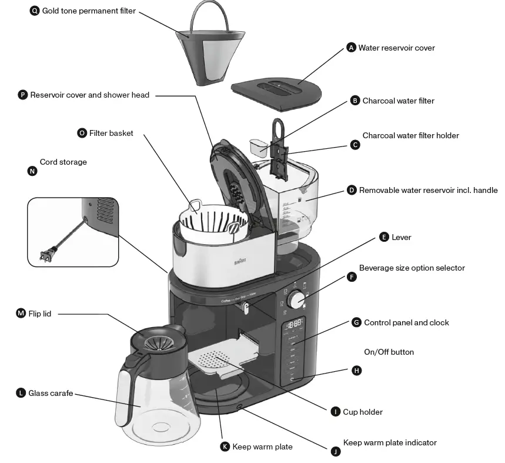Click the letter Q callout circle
35,11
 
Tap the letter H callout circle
356,371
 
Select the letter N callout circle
32,171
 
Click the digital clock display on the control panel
295,323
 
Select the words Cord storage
63,162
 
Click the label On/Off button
389,352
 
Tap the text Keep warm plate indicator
390,442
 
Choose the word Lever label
402,237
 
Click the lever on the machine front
245,308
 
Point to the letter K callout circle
225,447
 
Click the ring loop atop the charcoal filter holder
278,126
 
